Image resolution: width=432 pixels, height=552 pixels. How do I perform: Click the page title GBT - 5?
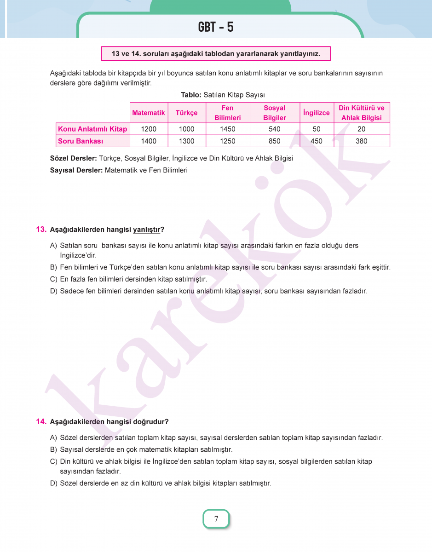(x=216, y=27)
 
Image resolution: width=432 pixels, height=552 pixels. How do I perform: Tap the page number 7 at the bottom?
(x=216, y=519)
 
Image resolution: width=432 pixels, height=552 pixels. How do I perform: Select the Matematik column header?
(x=148, y=113)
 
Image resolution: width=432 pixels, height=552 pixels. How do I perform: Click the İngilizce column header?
(x=317, y=113)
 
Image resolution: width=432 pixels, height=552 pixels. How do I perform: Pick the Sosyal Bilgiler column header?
(x=275, y=113)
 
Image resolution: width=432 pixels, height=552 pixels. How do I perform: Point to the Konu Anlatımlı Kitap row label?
(x=92, y=129)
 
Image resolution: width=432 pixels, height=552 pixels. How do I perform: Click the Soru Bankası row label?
(x=81, y=141)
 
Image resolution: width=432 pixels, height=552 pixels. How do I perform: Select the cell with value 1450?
(x=227, y=129)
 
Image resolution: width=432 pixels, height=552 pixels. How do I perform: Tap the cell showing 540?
(x=275, y=129)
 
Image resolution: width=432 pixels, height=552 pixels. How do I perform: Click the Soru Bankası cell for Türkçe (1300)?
(x=186, y=141)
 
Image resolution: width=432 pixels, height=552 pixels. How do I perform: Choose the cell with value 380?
(x=362, y=141)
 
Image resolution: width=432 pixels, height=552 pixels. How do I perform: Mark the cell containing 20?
(x=362, y=129)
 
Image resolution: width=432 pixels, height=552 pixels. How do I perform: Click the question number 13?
(x=41, y=229)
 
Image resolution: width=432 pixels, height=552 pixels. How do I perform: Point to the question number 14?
(x=41, y=421)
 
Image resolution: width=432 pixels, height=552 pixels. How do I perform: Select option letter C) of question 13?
(x=53, y=279)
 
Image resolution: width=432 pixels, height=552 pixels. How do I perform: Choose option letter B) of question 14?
(x=53, y=449)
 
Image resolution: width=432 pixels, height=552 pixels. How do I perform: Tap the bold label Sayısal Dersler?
(x=76, y=170)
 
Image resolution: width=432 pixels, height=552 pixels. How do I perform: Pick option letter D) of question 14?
(x=53, y=483)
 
